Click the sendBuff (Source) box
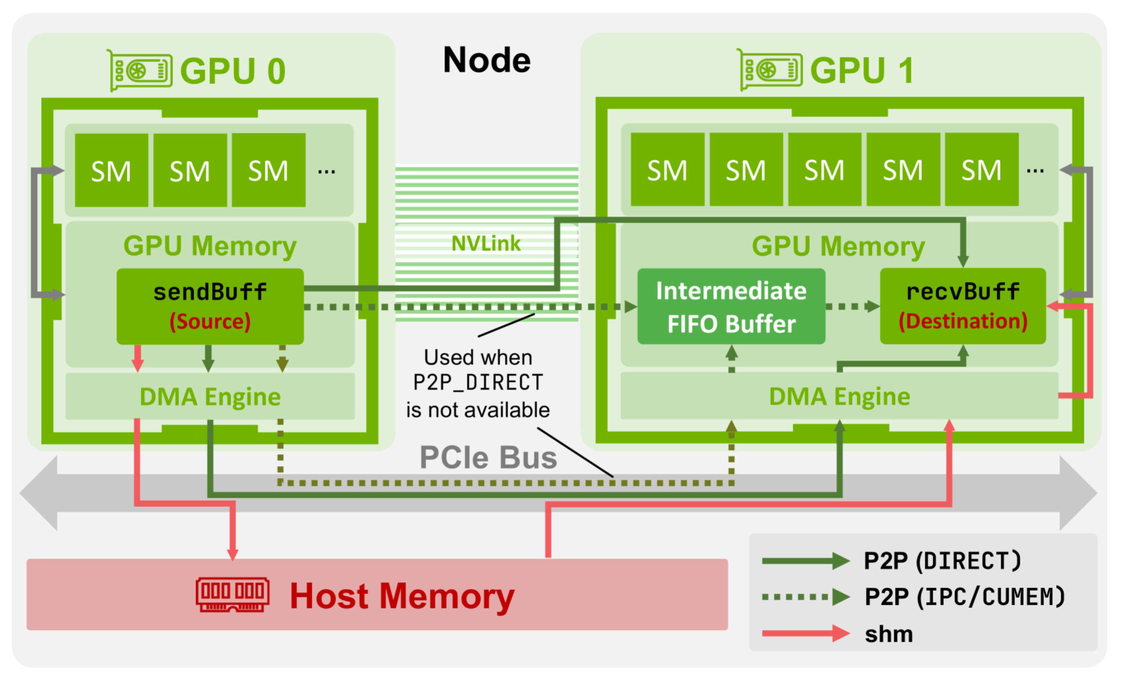click(210, 306)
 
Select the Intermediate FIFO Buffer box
click(731, 307)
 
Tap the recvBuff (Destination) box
click(962, 306)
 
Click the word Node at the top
click(487, 60)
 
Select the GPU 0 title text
click(233, 71)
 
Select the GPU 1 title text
click(861, 70)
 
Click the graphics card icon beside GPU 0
click(140, 70)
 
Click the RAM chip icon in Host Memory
click(233, 594)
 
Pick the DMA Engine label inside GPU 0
click(210, 397)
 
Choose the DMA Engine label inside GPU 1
click(839, 396)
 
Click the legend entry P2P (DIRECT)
click(942, 561)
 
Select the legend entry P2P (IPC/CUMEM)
click(964, 597)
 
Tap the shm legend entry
click(889, 634)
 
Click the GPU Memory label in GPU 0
click(210, 246)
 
